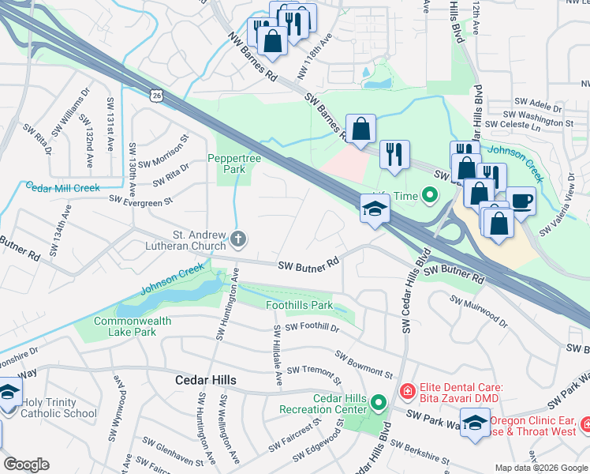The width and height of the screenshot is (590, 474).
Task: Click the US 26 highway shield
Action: (x=157, y=95)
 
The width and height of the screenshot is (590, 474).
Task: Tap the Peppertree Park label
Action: (x=230, y=164)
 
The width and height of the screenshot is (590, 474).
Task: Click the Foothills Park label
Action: (x=299, y=305)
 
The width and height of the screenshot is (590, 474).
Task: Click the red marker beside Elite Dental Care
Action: (x=406, y=390)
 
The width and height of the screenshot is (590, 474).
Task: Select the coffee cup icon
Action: (x=521, y=201)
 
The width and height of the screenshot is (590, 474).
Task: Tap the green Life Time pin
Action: (x=429, y=194)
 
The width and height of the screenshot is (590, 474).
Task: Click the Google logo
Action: (x=26, y=464)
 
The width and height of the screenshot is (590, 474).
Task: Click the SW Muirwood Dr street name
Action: (x=479, y=310)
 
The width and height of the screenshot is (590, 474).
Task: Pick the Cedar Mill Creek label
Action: (x=62, y=187)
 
